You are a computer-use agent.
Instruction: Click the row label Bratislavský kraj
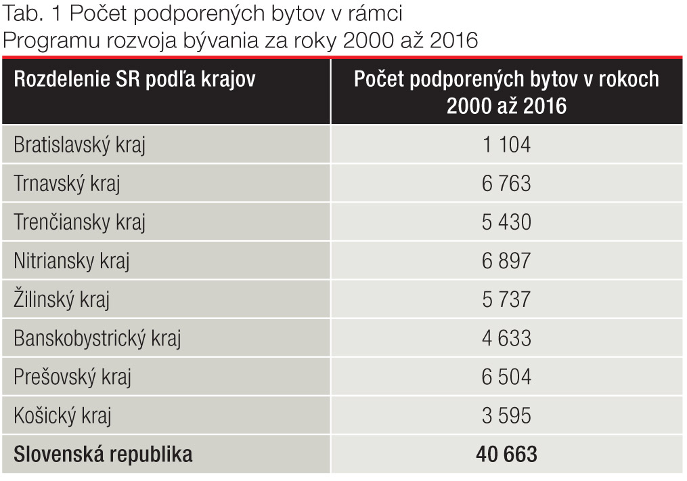pyautogui.click(x=79, y=145)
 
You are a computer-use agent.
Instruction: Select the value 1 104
pyautogui.click(x=506, y=145)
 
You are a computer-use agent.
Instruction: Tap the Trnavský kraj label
pyautogui.click(x=66, y=184)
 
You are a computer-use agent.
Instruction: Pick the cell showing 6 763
pyautogui.click(x=506, y=184)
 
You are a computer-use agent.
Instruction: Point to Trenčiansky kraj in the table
pyautogui.click(x=79, y=222)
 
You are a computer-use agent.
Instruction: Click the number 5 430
pyautogui.click(x=506, y=222)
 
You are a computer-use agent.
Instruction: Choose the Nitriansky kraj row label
pyautogui.click(x=71, y=261)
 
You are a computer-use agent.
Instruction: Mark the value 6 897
pyautogui.click(x=506, y=261)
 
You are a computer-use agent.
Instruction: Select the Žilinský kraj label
pyautogui.click(x=61, y=299)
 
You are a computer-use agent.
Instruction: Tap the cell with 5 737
pyautogui.click(x=506, y=299)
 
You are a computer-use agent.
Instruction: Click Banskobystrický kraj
pyautogui.click(x=97, y=338)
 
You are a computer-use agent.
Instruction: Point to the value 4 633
pyautogui.click(x=506, y=338)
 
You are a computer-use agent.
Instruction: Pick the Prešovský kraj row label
pyautogui.click(x=72, y=377)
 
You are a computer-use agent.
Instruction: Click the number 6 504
pyautogui.click(x=506, y=377)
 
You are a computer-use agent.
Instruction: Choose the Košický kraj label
pyautogui.click(x=62, y=415)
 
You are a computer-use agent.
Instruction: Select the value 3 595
pyautogui.click(x=506, y=415)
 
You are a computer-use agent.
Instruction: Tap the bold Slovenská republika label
pyautogui.click(x=103, y=454)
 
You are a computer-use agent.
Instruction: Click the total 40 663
pyautogui.click(x=506, y=454)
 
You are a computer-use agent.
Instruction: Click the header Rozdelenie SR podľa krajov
pyautogui.click(x=135, y=79)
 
